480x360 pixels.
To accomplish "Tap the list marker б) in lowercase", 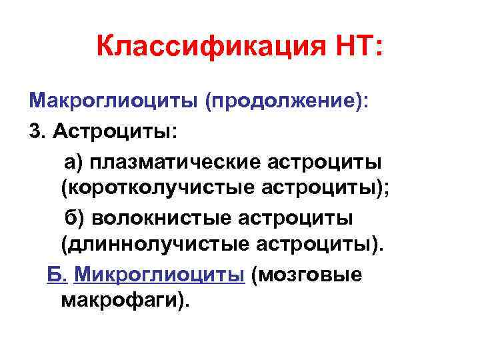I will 74,218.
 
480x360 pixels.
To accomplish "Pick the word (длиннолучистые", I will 155,247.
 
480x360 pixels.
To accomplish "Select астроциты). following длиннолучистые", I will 321,247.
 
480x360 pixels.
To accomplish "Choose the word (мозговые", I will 307,275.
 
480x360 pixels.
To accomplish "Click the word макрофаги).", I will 125,303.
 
